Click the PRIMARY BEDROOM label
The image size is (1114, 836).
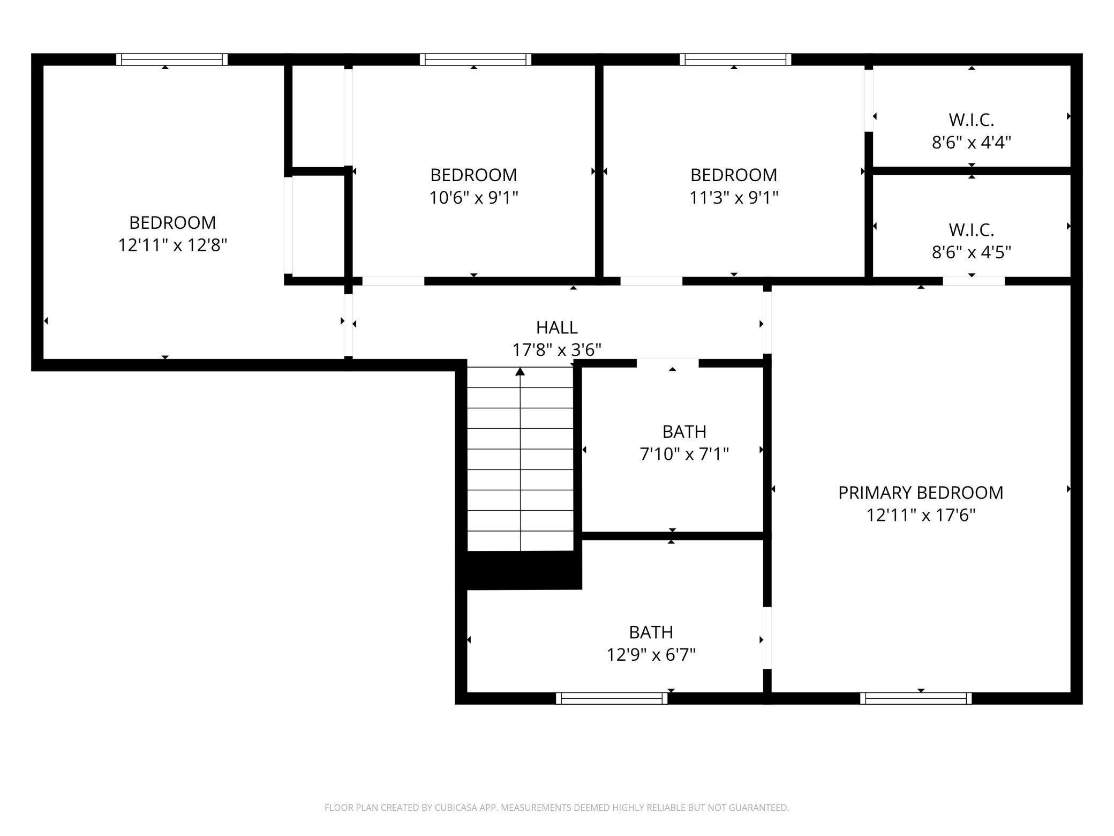[x=921, y=492]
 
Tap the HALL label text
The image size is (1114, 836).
[x=556, y=327]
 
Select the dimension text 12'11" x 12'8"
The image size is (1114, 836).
[x=172, y=245]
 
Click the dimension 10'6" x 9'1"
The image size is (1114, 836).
[x=473, y=198]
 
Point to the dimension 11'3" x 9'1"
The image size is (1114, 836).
[x=733, y=198]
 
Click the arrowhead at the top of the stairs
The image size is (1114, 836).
[x=520, y=371]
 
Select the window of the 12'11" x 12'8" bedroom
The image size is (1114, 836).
[x=172, y=59]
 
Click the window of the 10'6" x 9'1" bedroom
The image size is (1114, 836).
[x=476, y=59]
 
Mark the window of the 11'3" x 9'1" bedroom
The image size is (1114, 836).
[x=735, y=59]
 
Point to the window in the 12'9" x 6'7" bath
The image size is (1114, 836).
[x=612, y=698]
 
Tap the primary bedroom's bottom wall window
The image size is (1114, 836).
[x=916, y=698]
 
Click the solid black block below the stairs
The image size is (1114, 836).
[x=518, y=570]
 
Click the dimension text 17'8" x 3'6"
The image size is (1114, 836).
[x=556, y=350]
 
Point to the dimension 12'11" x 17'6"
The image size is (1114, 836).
[x=921, y=515]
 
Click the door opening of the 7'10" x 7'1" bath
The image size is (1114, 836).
[x=668, y=363]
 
